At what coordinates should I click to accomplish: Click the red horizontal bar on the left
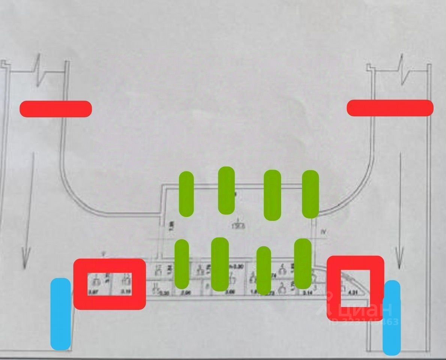(x=56, y=109)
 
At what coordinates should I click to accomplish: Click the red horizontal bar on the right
(x=390, y=108)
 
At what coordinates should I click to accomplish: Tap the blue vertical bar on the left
(x=61, y=314)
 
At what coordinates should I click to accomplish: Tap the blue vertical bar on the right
(x=392, y=318)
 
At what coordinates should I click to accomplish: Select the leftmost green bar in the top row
(x=186, y=194)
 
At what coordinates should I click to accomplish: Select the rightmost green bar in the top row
(x=310, y=194)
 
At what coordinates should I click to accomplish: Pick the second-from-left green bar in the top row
(x=226, y=190)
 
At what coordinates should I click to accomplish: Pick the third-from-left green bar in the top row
(x=272, y=195)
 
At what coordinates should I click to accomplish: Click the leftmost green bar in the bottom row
(x=182, y=264)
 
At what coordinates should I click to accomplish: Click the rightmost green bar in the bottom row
(x=303, y=264)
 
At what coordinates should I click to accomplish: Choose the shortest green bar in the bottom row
(x=264, y=270)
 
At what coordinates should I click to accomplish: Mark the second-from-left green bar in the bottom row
(x=220, y=264)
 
